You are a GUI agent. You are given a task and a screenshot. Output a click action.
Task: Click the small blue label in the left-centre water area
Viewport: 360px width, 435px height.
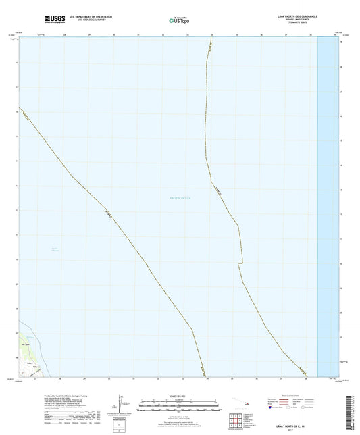[56, 250]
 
